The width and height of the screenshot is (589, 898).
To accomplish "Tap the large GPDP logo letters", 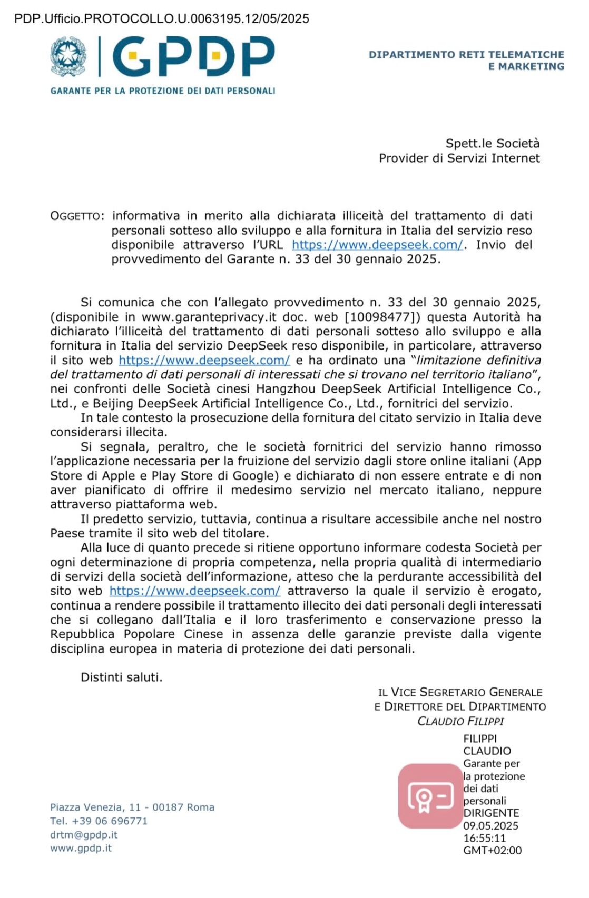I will pos(193,56).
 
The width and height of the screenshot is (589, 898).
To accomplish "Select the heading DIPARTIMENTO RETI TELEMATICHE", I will pos(466,55).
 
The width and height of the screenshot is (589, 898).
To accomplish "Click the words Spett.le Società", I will pos(492,143).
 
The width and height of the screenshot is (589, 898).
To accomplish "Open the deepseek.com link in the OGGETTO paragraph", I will pos(377,245).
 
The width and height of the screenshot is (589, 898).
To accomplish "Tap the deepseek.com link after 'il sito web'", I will pos(204,361).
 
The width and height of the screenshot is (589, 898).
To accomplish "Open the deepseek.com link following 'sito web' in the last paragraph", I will pos(195,591).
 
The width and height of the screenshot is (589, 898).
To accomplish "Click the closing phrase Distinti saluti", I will pos(121,677).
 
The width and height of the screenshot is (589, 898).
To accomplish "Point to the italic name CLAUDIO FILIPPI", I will pos(460,721).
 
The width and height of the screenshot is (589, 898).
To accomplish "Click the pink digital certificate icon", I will pos(430,796).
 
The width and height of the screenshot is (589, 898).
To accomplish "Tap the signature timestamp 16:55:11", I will pos(484,838).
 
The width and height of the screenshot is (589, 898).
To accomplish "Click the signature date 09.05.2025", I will pos(490,826).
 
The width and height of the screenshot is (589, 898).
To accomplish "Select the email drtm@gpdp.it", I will pos(84,835).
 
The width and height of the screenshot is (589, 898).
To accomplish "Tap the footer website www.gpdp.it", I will pos(81,849).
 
